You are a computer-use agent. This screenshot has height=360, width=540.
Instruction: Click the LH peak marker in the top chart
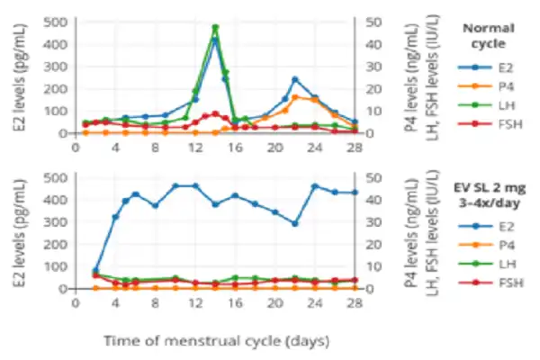tap(215, 27)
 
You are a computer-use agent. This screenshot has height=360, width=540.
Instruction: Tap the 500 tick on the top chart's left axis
tap(55, 22)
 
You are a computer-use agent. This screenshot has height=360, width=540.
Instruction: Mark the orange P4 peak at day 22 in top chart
tap(295, 97)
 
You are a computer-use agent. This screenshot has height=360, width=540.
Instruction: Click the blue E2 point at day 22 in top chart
tap(294, 79)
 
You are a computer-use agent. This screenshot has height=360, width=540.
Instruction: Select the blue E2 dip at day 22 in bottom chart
tap(294, 223)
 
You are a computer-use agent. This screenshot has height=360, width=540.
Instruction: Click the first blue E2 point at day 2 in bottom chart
tap(95, 271)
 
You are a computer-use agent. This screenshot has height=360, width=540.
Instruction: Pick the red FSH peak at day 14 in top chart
tap(215, 113)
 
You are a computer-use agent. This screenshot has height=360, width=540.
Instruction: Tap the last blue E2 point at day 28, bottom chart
tap(355, 192)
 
